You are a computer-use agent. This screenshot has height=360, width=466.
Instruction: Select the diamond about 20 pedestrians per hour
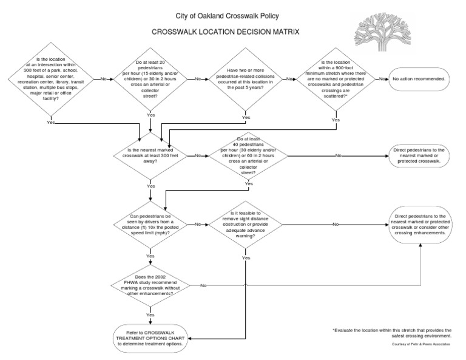coord(150,79)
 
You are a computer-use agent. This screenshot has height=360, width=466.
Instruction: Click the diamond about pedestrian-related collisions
coord(245,79)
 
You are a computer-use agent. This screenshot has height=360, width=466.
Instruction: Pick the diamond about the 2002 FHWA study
coord(149,285)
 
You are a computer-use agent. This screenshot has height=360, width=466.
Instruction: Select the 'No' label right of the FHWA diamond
coord(203,285)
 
